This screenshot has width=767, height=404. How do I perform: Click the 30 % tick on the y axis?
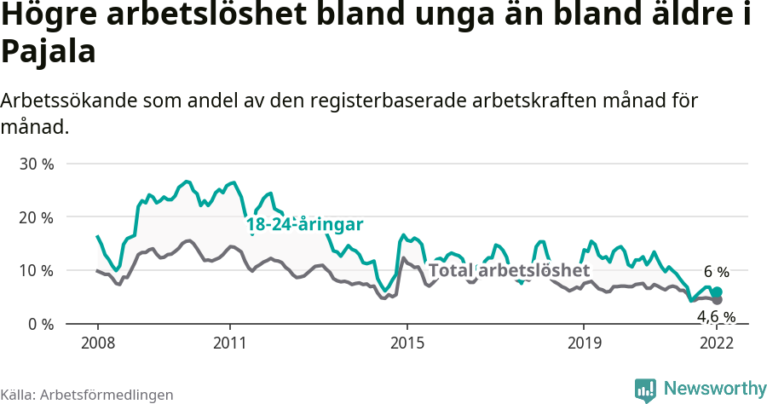tap(36, 164)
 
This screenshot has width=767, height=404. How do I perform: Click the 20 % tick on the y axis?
tap(36, 217)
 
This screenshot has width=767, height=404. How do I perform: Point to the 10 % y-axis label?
tap(36, 271)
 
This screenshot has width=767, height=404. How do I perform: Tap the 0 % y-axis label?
tap(40, 325)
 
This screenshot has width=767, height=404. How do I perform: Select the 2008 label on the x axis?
tap(97, 343)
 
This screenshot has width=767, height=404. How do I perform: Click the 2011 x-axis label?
tap(230, 343)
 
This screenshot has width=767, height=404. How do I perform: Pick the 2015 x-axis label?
tap(407, 343)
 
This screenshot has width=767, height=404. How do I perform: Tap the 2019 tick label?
tap(583, 343)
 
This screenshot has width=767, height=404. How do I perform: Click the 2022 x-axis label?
tap(716, 343)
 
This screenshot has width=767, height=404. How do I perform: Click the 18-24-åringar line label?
tap(305, 224)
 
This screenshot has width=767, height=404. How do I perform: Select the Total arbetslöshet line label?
tap(509, 270)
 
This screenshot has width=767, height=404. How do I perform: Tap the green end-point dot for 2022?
tap(717, 292)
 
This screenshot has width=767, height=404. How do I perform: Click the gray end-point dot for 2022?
tap(717, 300)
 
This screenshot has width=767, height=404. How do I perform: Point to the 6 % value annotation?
tap(716, 272)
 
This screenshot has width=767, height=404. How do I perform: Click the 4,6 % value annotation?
tap(716, 317)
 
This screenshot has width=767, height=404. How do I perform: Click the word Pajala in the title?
tap(48, 52)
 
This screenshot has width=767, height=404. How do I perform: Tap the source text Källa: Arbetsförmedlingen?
tap(87, 395)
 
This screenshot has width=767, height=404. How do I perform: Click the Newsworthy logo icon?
tap(645, 390)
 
